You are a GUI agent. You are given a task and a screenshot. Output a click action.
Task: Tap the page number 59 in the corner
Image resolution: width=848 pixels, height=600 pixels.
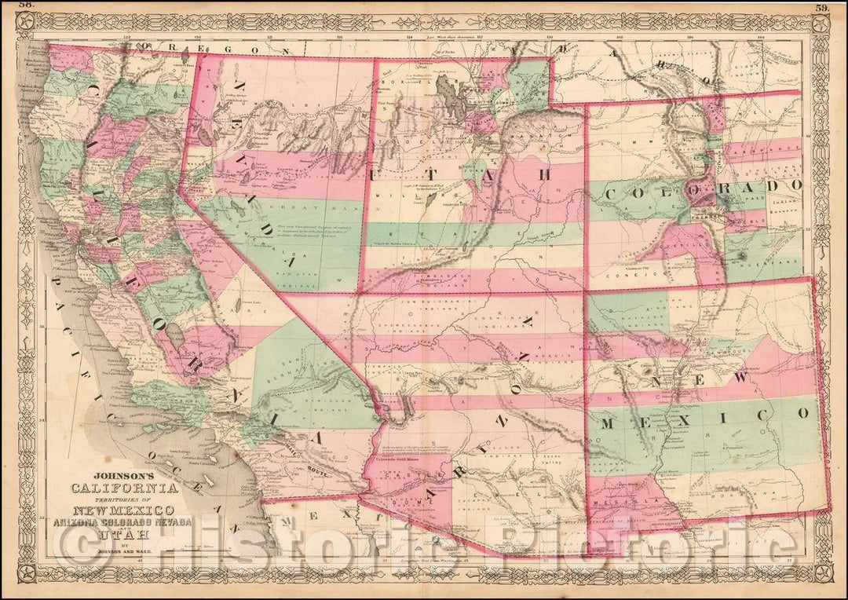pos(822,8)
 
